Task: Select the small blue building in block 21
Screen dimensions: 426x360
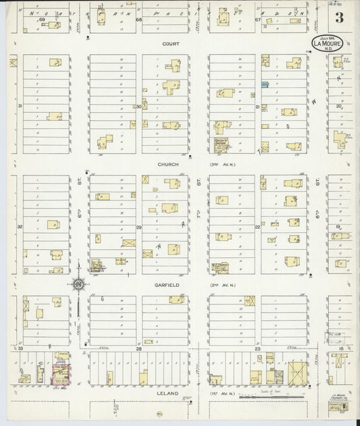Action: [265, 84]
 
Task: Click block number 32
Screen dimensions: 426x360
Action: [20, 227]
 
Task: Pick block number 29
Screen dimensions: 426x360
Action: [138, 228]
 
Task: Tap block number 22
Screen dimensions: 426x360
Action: [257, 227]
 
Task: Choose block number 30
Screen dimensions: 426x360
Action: [138, 107]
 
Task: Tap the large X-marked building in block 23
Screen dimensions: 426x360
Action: [298, 374]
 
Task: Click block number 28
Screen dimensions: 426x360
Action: [138, 348]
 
